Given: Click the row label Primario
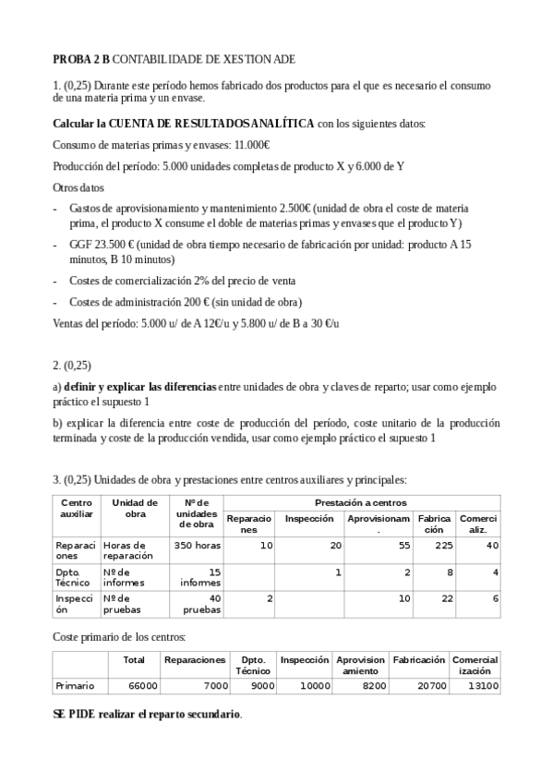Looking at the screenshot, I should [x=75, y=686].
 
